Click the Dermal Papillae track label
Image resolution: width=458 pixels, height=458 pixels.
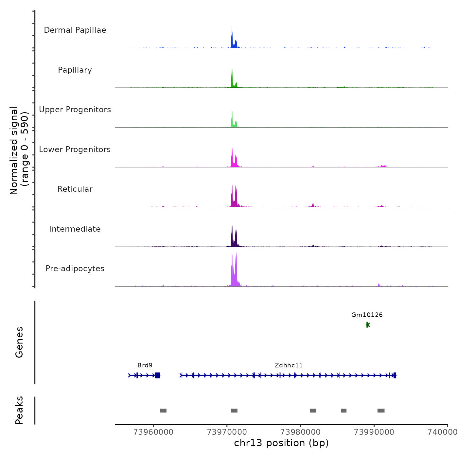(x=75, y=30)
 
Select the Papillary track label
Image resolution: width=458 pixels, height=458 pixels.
(x=75, y=70)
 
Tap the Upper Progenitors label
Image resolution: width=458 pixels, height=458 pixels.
(x=75, y=110)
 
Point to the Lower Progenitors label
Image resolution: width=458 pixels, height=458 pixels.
(x=75, y=150)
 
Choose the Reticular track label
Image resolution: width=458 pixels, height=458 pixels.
(x=75, y=189)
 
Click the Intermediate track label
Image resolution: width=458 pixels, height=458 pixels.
(x=75, y=229)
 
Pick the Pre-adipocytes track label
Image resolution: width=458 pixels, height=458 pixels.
(x=75, y=269)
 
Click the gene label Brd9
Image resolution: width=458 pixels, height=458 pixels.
(x=145, y=365)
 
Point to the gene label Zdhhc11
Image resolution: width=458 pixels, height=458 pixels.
(x=289, y=365)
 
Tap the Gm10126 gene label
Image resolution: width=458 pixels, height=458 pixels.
(x=367, y=315)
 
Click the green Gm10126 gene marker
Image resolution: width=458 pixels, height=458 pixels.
(x=368, y=325)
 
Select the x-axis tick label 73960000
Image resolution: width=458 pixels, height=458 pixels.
(x=153, y=432)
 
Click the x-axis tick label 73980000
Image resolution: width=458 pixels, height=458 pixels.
(x=300, y=432)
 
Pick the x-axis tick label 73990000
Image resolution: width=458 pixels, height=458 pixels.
(x=374, y=432)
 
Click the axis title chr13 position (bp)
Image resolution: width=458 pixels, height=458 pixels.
(x=281, y=443)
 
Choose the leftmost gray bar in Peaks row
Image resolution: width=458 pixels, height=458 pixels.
(x=163, y=411)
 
